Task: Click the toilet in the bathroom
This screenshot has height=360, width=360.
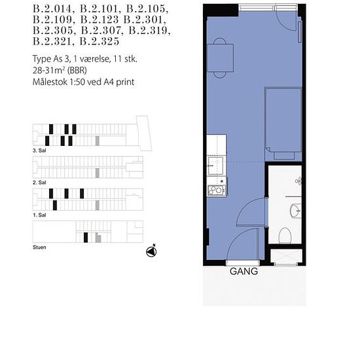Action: pyautogui.click(x=285, y=236)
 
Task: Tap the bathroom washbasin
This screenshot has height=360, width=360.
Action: pyautogui.click(x=296, y=211)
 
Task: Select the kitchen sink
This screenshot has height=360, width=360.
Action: pyautogui.click(x=215, y=166)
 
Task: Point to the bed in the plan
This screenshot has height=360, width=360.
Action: pyautogui.click(x=283, y=124)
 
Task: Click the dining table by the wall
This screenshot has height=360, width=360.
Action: pyautogui.click(x=220, y=58)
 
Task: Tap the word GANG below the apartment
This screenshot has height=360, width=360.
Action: pyautogui.click(x=244, y=272)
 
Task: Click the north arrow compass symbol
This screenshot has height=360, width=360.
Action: pyautogui.click(x=151, y=251)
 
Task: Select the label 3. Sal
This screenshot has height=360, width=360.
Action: pyautogui.click(x=39, y=151)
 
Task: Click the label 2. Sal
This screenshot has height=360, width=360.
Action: pyautogui.click(x=39, y=183)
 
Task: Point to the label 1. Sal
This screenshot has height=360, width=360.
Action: pyautogui.click(x=39, y=215)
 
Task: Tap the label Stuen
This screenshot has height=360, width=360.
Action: pyautogui.click(x=39, y=247)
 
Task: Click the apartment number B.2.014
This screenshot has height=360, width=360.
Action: pyautogui.click(x=52, y=9)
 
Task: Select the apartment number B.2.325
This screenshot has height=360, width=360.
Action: pyautogui.click(x=99, y=41)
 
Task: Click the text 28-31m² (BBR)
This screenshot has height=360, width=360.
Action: pyautogui.click(x=60, y=70)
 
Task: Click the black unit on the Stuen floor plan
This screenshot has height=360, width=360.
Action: pyautogui.click(x=86, y=238)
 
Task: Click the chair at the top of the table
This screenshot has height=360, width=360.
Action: pyautogui.click(x=220, y=41)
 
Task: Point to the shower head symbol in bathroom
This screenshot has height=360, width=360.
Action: pyautogui.click(x=298, y=181)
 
